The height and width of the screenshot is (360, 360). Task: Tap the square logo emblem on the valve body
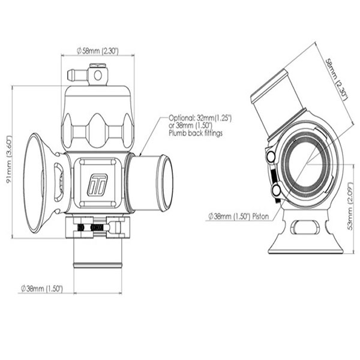[96, 184]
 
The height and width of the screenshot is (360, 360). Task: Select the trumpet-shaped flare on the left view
[37, 182]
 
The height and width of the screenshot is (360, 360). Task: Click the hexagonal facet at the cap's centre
[96, 125]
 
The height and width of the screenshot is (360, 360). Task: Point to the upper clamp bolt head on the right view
[271, 157]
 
